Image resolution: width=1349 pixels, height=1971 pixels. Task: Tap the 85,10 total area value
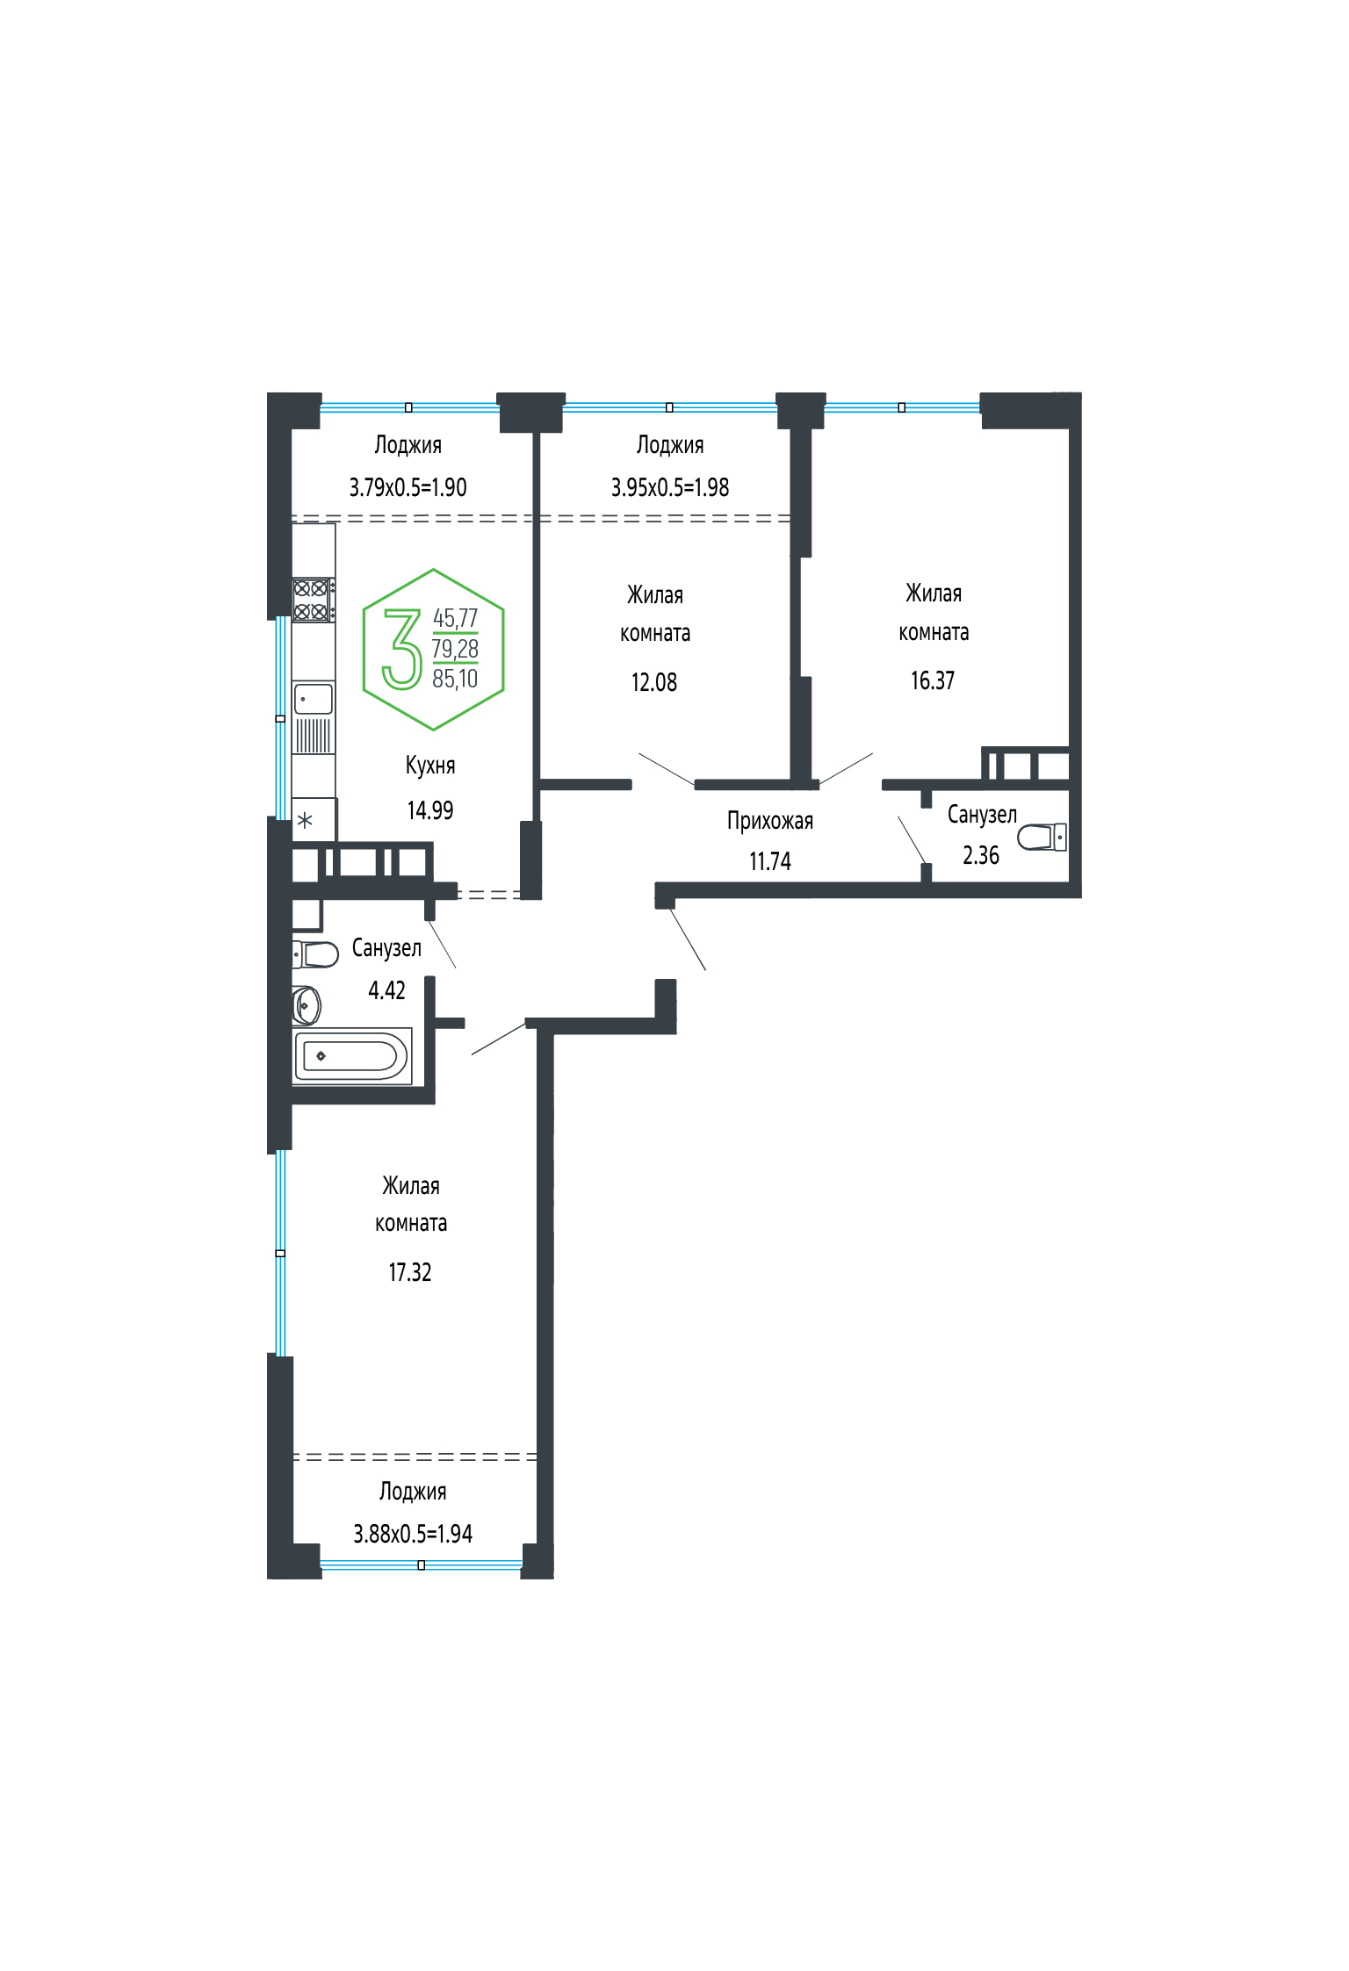[455, 679]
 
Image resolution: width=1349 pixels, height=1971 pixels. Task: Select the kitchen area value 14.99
[430, 810]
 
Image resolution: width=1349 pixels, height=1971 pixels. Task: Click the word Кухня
[430, 766]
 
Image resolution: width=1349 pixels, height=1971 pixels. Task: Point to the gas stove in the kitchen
[313, 600]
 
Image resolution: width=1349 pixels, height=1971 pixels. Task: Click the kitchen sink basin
[314, 699]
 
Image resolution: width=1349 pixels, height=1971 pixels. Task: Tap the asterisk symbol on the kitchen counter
[305, 821]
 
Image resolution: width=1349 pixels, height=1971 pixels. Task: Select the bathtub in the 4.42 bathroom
[352, 1055]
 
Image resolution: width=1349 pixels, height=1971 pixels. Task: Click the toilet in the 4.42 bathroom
[315, 953]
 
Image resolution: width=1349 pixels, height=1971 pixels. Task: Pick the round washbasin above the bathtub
[307, 1004]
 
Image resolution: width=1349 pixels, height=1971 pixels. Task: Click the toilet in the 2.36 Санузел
[1042, 837]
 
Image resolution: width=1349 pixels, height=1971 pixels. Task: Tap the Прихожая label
[770, 821]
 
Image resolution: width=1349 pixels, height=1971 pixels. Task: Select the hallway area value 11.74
[770, 862]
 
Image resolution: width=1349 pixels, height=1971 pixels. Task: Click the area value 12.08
[654, 682]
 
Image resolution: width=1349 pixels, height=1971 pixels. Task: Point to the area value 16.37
[933, 680]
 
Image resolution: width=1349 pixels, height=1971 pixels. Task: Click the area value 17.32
[410, 1272]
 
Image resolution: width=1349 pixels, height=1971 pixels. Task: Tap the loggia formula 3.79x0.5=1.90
[408, 487]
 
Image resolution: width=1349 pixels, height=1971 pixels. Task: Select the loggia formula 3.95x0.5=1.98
[670, 487]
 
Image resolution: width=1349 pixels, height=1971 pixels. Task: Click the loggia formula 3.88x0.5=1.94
[413, 1534]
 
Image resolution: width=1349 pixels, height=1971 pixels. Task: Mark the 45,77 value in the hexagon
[455, 618]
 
